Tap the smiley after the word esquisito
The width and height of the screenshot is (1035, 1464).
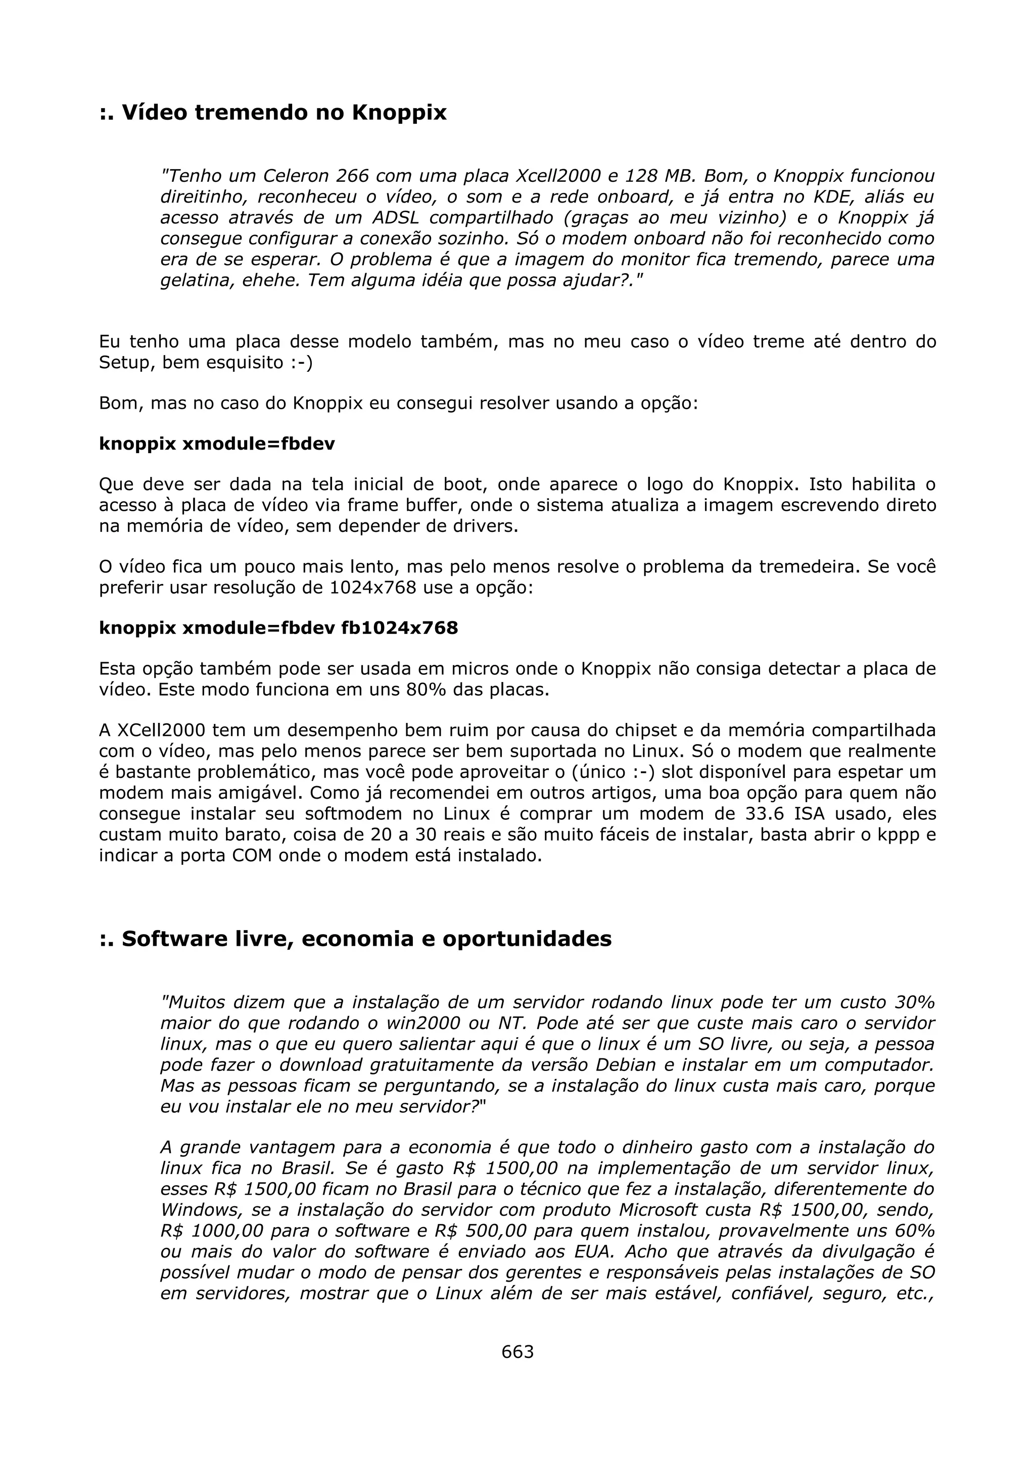(299, 363)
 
